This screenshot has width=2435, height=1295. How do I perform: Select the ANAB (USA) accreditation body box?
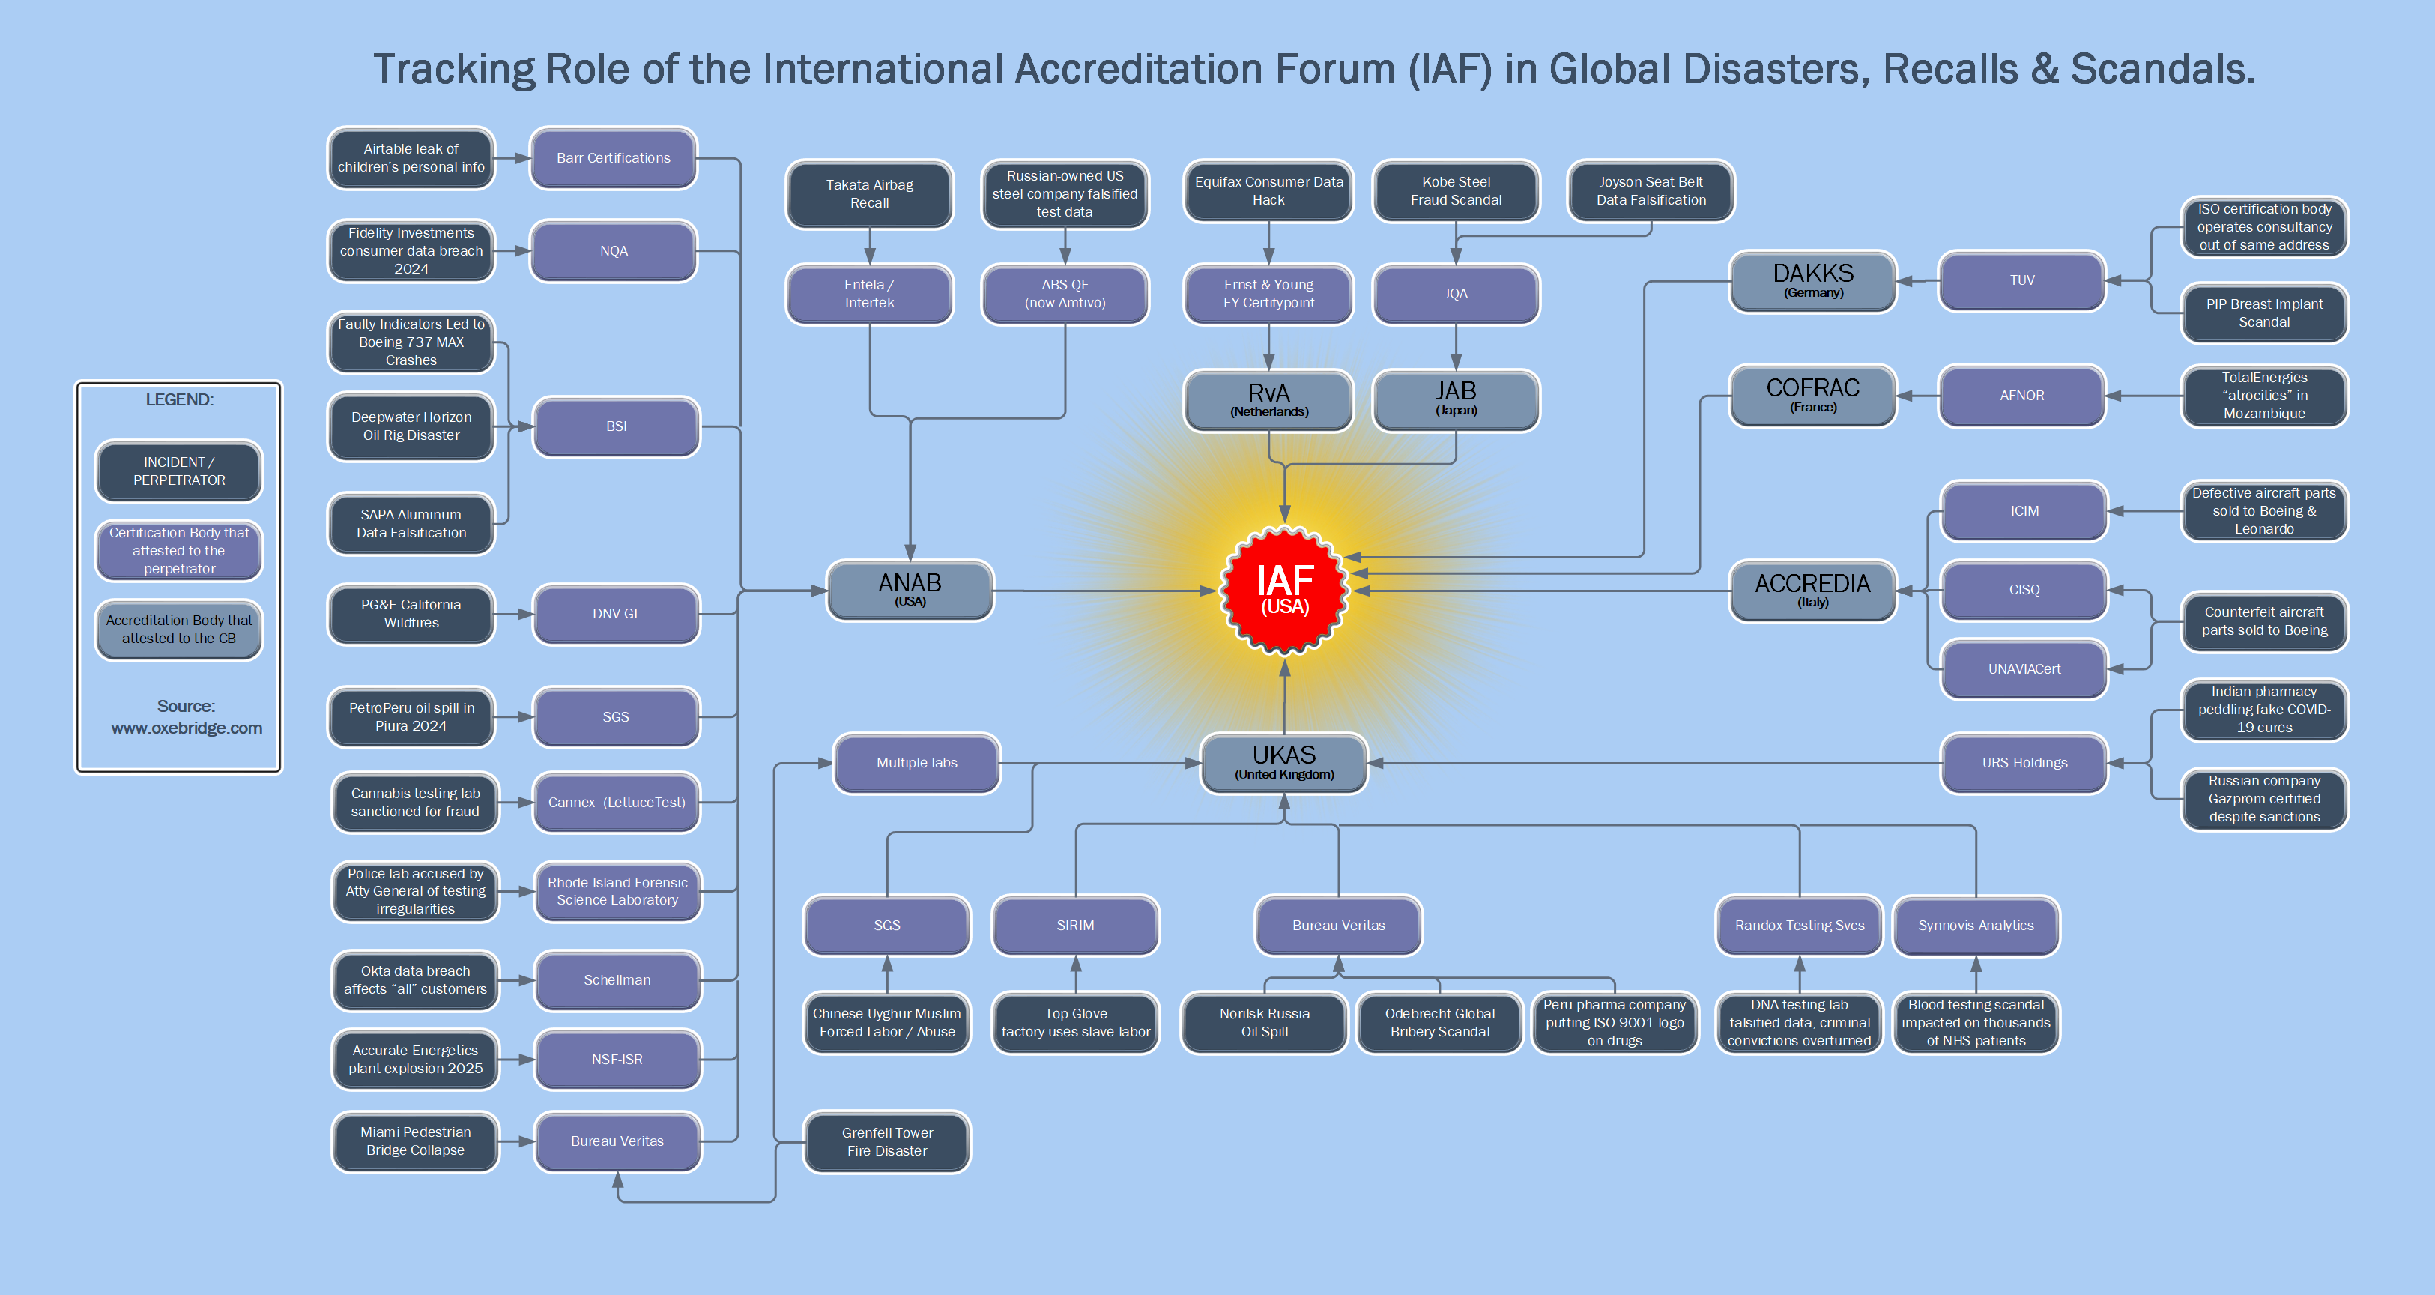coord(910,590)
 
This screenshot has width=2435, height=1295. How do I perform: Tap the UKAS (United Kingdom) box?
coord(1283,762)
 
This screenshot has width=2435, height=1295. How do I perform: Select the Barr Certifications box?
coord(614,158)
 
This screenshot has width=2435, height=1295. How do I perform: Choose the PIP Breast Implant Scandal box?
coord(2264,313)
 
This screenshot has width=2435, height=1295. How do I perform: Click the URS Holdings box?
coord(2024,763)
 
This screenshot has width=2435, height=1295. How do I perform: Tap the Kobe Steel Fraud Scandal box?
coord(1456,191)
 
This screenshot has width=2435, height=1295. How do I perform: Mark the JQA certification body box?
coord(1456,294)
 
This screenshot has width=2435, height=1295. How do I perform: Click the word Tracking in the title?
coord(454,69)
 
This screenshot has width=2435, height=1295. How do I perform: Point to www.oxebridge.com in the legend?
coord(187,728)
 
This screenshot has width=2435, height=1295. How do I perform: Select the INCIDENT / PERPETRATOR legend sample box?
coord(178,471)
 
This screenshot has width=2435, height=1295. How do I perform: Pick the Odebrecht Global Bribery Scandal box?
coord(1439,1023)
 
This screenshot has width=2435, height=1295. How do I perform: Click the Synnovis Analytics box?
coord(1976,926)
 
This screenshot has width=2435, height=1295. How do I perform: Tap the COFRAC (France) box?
coord(1812,396)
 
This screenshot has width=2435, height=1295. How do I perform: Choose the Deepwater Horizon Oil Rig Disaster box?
coord(411,426)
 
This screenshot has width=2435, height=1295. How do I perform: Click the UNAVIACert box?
coord(2024,669)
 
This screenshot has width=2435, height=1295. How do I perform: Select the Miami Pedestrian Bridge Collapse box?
coord(415,1141)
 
